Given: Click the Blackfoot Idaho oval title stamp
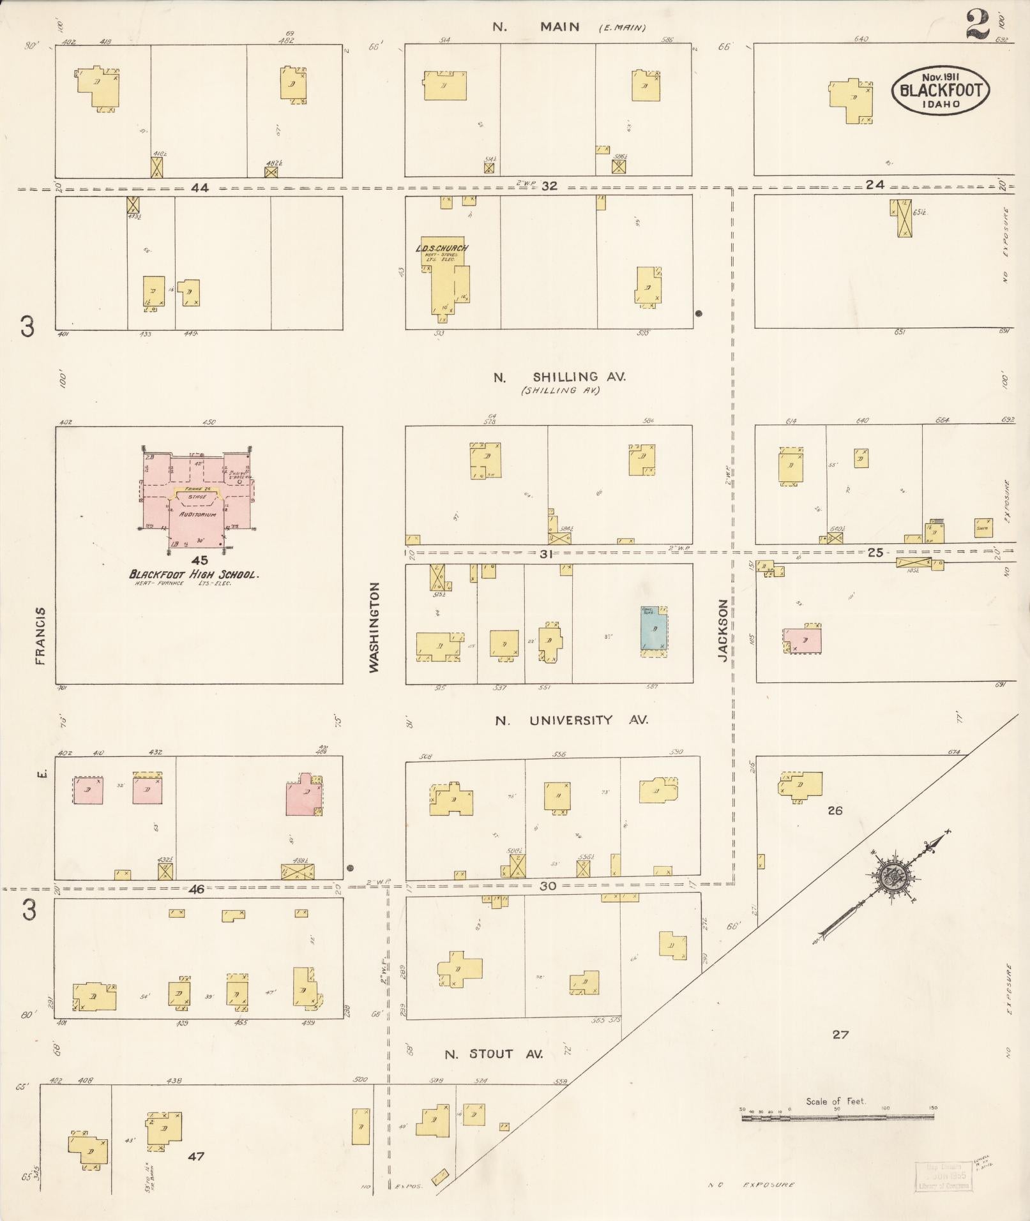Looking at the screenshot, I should pos(940,91).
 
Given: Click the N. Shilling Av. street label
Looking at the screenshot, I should pos(559,377).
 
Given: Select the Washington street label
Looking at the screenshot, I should pos(374,626).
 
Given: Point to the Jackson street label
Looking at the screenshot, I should pos(722,629).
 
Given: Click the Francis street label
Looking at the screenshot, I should pos(41,636).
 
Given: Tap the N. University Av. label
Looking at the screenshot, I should pos(572,720).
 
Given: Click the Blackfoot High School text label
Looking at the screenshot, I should pos(193,574).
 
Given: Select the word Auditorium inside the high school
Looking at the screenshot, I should pos(197,514).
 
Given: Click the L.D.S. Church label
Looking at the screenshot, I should pos(443,248).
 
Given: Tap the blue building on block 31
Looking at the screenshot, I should pos(654,629).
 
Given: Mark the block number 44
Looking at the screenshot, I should pos(200,188).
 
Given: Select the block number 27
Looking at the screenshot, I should pos(840,1034).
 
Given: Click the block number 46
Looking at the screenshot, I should pos(197,888).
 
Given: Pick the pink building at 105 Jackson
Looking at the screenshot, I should pos(803,640).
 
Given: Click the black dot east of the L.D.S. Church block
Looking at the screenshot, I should pos(699,313).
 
